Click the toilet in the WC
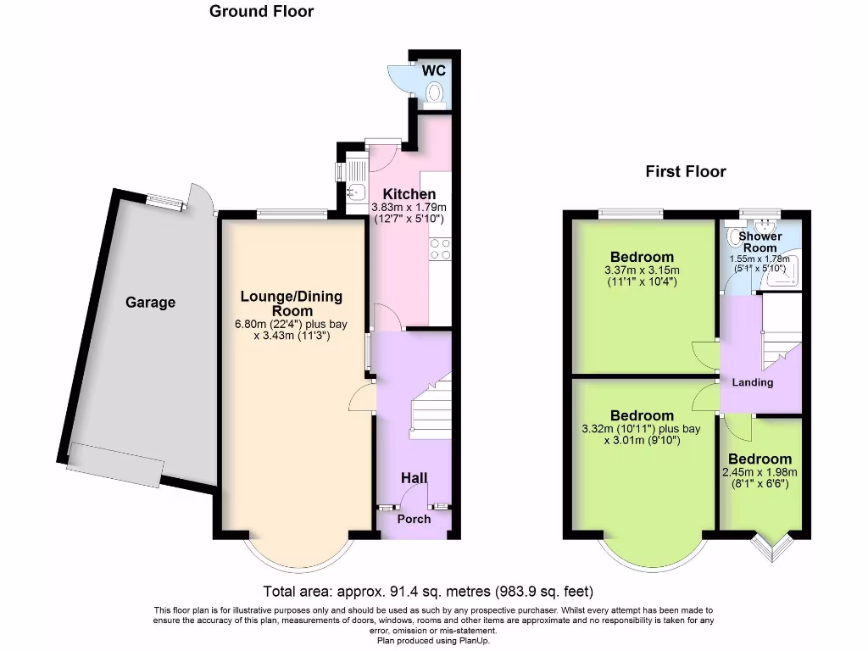[x=436, y=92]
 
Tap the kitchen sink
[x=355, y=193]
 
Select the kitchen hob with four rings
[x=440, y=248]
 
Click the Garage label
[x=151, y=302]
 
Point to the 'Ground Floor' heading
[x=261, y=12]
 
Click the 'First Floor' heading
[x=686, y=172]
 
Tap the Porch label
[x=414, y=519]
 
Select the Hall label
[x=414, y=479]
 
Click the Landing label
[x=753, y=382]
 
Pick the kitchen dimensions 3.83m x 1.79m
[x=409, y=212]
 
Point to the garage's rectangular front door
[x=115, y=465]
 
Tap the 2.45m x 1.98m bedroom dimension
[x=759, y=478]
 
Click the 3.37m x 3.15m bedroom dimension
[x=642, y=276]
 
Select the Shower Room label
[x=759, y=242]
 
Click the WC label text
[x=434, y=70]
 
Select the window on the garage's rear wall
[x=164, y=202]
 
